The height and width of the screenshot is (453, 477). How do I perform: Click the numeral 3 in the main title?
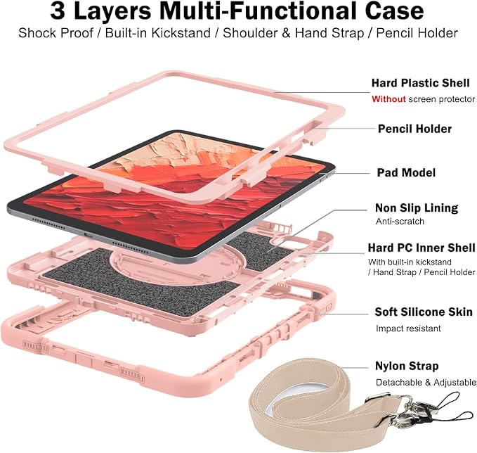(58, 11)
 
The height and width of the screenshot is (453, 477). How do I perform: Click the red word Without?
(388, 99)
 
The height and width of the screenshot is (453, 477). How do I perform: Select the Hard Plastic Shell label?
(420, 83)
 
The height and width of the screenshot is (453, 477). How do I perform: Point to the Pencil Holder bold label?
(414, 129)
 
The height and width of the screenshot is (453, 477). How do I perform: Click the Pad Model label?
(406, 173)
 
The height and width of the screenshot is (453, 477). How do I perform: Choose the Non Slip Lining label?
(417, 208)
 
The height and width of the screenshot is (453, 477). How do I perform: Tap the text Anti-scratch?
(400, 222)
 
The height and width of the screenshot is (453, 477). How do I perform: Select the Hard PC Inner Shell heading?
(422, 248)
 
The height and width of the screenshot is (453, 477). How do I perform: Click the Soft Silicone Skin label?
(424, 312)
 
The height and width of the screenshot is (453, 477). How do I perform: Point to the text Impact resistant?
(408, 328)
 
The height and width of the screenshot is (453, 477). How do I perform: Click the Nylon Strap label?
(407, 366)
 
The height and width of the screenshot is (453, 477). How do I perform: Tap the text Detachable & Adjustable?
(426, 383)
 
